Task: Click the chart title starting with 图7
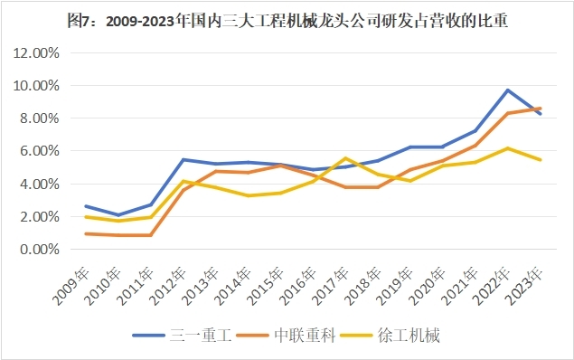click(x=287, y=18)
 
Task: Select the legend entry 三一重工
click(x=202, y=336)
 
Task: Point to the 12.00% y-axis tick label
click(x=37, y=52)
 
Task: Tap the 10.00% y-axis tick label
click(x=37, y=86)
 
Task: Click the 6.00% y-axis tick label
click(x=40, y=151)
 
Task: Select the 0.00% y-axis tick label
click(x=40, y=250)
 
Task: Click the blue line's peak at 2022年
click(x=508, y=90)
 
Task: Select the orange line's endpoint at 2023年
click(x=541, y=109)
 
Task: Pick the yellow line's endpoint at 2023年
click(x=541, y=160)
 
